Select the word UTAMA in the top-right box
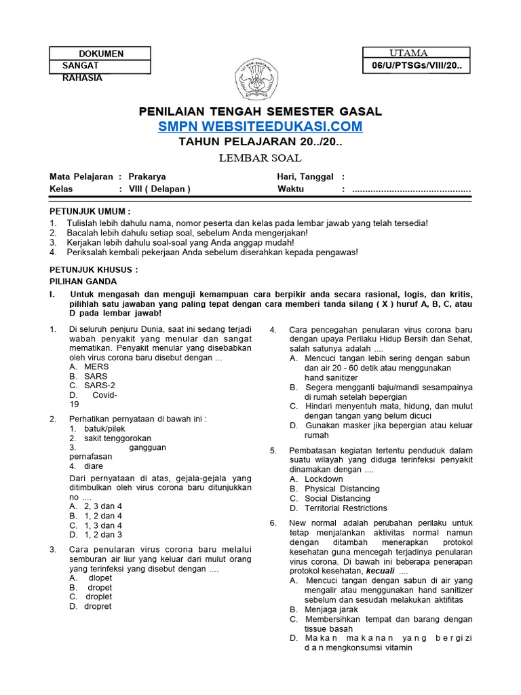(408, 53)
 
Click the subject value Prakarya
(147, 176)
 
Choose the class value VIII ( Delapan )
(160, 189)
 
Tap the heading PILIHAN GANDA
(83, 281)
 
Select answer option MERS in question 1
(96, 367)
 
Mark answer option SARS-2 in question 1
(100, 386)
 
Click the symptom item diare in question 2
(94, 466)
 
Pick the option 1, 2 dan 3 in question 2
(103, 535)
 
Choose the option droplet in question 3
(99, 597)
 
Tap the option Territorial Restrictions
(346, 508)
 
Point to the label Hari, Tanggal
(305, 176)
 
